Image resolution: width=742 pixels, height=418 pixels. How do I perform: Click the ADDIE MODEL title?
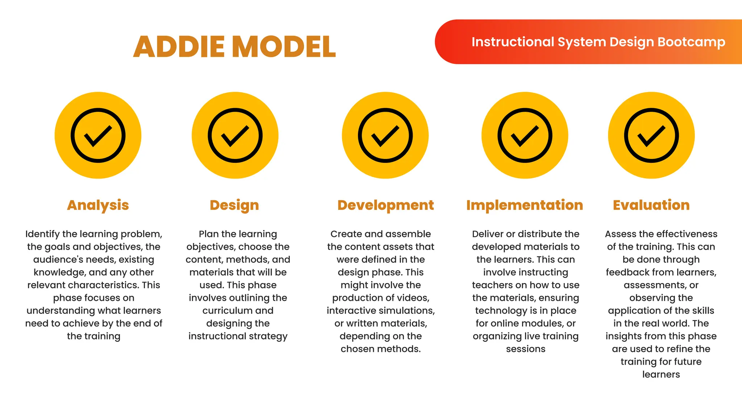pyautogui.click(x=234, y=47)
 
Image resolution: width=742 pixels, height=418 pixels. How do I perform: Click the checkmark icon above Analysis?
pyautogui.click(x=98, y=135)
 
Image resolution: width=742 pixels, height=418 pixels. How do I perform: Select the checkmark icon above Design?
pyautogui.click(x=235, y=135)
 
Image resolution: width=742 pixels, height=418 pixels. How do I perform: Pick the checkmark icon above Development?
pyautogui.click(x=385, y=135)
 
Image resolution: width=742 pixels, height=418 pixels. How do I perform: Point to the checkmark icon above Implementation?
pyautogui.click(x=525, y=135)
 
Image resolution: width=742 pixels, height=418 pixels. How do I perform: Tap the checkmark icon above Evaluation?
pyautogui.click(x=651, y=135)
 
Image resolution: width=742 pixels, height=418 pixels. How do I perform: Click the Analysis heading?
pyautogui.click(x=98, y=205)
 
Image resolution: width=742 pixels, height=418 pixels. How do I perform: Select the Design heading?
pyautogui.click(x=234, y=205)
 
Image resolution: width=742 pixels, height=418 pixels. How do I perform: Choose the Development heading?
pyautogui.click(x=385, y=205)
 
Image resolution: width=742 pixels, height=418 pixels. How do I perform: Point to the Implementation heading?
pyautogui.click(x=525, y=205)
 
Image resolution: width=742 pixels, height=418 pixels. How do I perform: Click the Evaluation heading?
pyautogui.click(x=651, y=205)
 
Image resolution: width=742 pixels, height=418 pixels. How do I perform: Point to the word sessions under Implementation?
pyautogui.click(x=525, y=349)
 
